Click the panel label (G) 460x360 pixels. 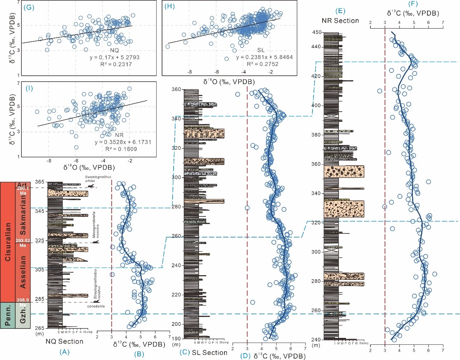29,7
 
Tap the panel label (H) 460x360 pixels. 169,7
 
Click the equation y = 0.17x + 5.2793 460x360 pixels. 114,57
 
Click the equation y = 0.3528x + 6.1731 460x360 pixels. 123,142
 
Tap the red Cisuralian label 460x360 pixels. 8,242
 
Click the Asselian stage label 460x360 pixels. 23,272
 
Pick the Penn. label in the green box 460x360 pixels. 8,315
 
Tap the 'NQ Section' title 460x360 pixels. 64,341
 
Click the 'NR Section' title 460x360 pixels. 340,21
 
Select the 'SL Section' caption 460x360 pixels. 209,352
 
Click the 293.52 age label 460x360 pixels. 23,240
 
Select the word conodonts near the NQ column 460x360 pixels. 96,306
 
